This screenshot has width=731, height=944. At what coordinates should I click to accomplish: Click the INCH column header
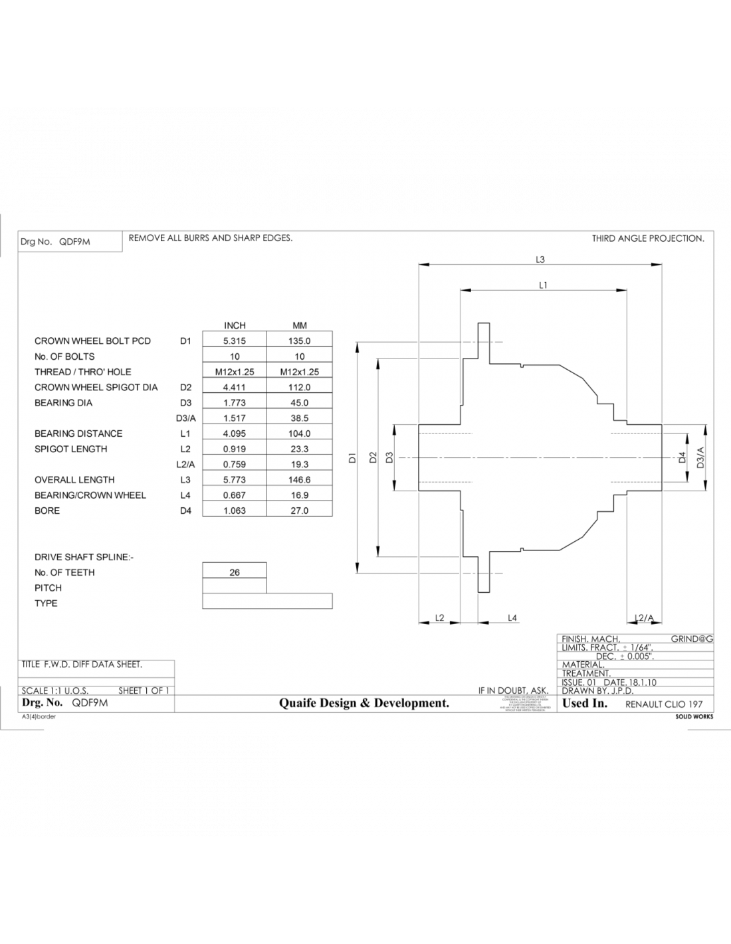pos(235,325)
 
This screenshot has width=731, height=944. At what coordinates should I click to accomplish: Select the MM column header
pos(299,325)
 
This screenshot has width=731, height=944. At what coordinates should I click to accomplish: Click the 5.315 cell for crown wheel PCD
pos(235,341)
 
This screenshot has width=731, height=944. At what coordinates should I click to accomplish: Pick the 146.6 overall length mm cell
pos(299,479)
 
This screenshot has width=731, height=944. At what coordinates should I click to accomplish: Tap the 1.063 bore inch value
pos(235,511)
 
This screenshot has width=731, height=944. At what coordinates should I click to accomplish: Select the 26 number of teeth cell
pos(235,572)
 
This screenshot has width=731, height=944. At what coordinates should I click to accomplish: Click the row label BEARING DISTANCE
pos(78,433)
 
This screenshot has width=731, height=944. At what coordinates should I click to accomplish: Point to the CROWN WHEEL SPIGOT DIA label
pos(96,387)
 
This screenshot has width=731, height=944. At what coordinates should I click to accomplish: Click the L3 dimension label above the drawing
pos(540,260)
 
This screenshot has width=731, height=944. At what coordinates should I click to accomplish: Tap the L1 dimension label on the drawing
pos(543,285)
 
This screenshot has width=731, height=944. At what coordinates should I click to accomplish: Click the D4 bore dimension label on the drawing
pos(681,457)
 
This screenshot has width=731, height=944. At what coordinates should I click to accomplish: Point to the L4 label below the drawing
pos(512,618)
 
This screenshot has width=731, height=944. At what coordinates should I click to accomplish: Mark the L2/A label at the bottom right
pos(644,618)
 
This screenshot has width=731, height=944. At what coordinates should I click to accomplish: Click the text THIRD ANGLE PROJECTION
pos(648,238)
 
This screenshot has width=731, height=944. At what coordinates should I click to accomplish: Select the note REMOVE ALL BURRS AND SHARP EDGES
pos(211,238)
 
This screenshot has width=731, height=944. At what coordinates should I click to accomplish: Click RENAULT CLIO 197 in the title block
pos(664,704)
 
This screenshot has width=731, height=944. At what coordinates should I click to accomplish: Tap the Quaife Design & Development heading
pos(364,703)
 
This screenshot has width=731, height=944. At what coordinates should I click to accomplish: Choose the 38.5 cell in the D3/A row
pos(299,418)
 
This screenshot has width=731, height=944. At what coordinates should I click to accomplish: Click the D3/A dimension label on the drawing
pos(700,457)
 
